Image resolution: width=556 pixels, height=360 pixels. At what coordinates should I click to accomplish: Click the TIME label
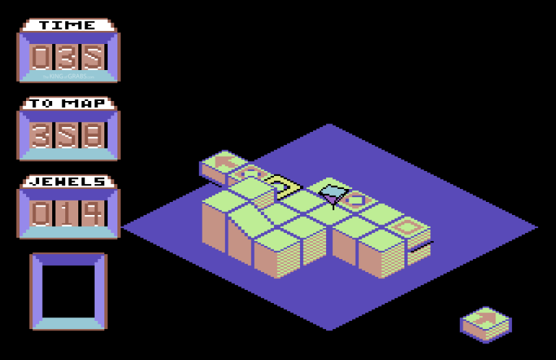pyautogui.click(x=67, y=25)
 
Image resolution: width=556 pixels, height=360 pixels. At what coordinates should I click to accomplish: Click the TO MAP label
pyautogui.click(x=67, y=104)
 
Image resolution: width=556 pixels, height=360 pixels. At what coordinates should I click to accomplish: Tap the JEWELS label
pyautogui.click(x=67, y=182)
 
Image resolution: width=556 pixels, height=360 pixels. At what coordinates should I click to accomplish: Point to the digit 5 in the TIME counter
pyautogui.click(x=94, y=57)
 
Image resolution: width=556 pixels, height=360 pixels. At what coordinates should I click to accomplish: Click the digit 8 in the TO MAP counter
pyautogui.click(x=94, y=135)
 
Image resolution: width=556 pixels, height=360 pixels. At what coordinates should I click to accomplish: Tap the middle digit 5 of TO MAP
pyautogui.click(x=68, y=135)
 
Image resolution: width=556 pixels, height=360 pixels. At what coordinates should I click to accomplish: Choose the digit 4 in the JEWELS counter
pyautogui.click(x=94, y=214)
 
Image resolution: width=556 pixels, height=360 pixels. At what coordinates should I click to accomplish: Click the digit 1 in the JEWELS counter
pyautogui.click(x=68, y=214)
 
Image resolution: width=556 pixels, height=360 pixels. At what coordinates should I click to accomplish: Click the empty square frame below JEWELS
pyautogui.click(x=68, y=291)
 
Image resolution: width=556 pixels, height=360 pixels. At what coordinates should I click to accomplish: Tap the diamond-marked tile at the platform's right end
pyautogui.click(x=408, y=227)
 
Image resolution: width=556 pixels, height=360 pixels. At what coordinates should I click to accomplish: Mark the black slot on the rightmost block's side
pyautogui.click(x=421, y=245)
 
